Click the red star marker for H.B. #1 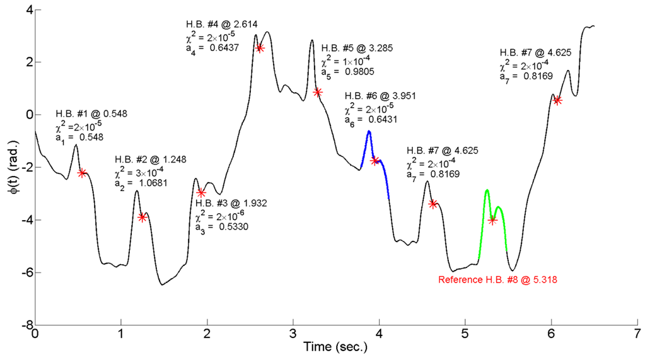82,173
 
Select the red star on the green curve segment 492,219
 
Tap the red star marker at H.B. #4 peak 260,48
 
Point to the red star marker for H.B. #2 142,217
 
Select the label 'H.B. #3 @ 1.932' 231,203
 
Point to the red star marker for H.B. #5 318,92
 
